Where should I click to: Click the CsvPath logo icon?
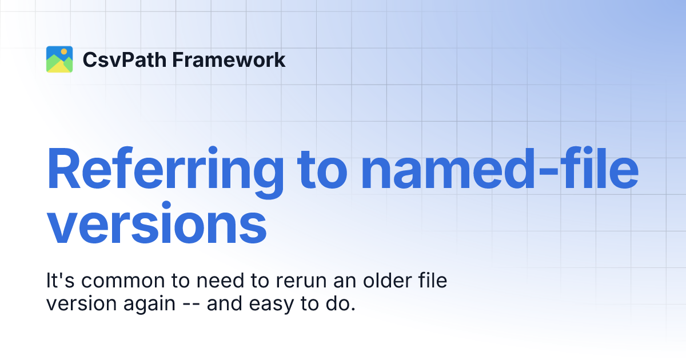[x=59, y=59]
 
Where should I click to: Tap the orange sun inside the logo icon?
[x=65, y=51]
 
